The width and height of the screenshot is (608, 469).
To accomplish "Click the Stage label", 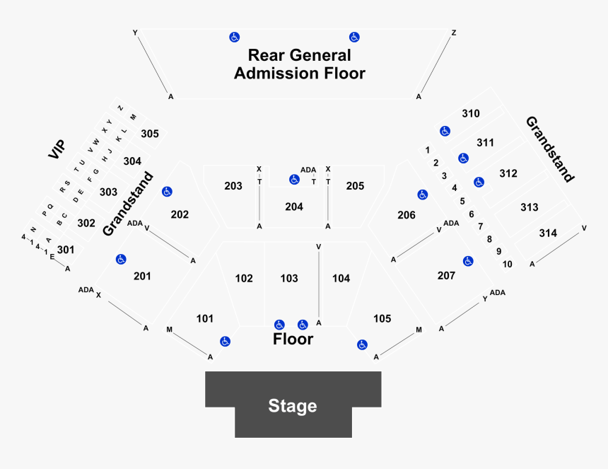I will [x=292, y=406].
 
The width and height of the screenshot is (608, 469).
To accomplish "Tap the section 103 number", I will [x=289, y=279].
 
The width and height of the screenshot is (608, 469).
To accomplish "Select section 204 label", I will [x=294, y=207].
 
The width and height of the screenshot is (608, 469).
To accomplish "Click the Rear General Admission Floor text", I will [x=300, y=64].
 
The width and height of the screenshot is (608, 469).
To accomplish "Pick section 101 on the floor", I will [x=205, y=319].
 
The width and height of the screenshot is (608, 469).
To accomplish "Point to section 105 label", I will [x=382, y=319].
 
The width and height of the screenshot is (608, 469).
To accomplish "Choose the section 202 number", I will [x=180, y=214].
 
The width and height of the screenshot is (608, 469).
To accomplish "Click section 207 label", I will [x=446, y=275].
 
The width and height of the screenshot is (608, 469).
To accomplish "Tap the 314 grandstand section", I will [x=548, y=233].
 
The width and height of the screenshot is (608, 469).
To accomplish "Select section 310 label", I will [x=471, y=113].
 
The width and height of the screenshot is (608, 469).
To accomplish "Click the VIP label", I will [x=57, y=149].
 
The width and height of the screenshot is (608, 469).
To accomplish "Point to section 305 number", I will [x=150, y=134].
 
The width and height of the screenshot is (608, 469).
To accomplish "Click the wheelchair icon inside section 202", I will [x=167, y=191].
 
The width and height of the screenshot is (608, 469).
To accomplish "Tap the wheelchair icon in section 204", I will [x=294, y=180].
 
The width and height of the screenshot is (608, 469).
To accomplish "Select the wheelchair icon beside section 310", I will [x=445, y=131].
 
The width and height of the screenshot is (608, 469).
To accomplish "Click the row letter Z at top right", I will [x=454, y=33].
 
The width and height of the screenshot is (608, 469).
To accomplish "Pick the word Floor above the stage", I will [x=293, y=340].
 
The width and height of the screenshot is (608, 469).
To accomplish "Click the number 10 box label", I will [x=507, y=264].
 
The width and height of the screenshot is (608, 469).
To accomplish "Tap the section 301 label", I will [x=66, y=249].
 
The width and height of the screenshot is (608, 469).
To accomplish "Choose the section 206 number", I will [x=407, y=214].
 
